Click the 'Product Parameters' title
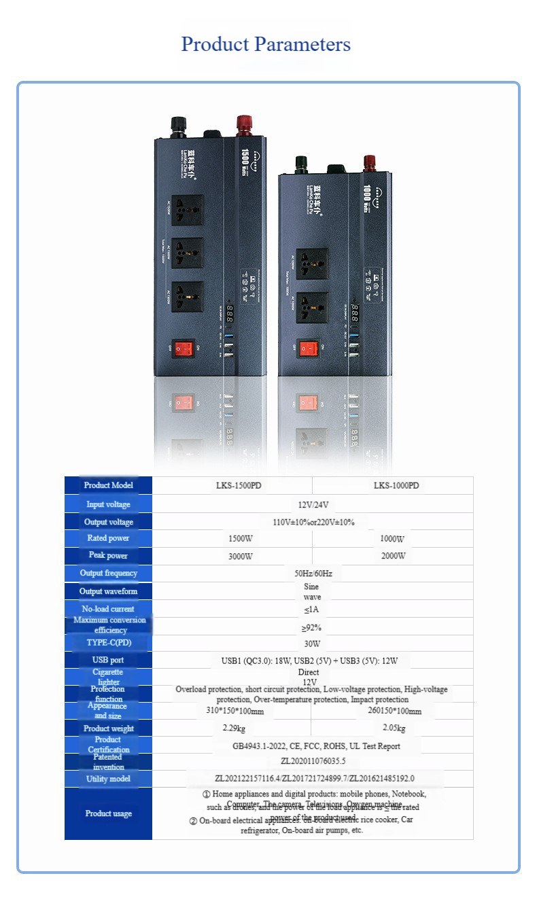266,44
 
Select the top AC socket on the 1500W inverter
187,209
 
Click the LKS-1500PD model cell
232,486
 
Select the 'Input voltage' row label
108,504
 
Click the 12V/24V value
313,505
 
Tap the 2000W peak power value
392,556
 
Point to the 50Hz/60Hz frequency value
313,574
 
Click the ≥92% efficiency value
312,627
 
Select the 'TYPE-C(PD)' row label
108,643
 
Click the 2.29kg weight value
234,728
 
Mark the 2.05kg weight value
394,728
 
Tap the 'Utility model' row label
108,779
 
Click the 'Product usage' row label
108,813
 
